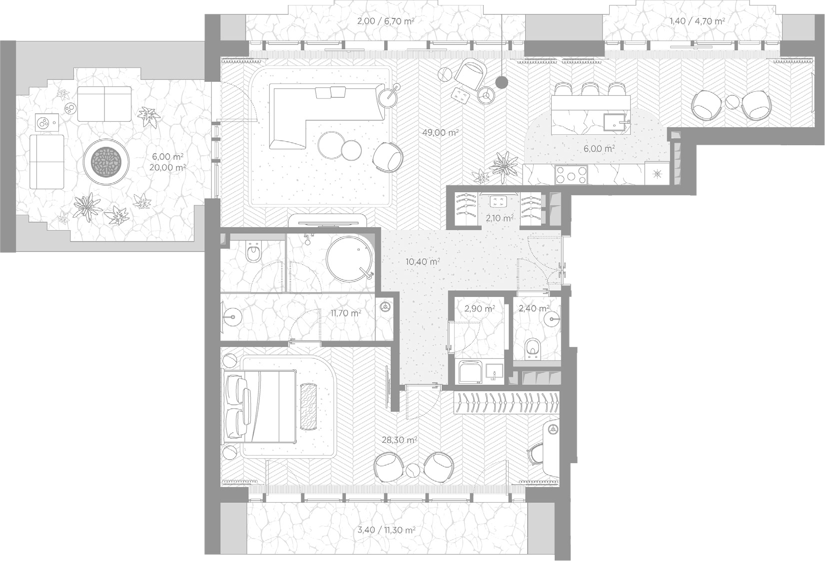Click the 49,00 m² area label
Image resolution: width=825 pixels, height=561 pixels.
[440, 132]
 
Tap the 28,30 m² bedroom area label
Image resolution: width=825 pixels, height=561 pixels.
[400, 440]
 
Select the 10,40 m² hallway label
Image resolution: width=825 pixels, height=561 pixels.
[423, 262]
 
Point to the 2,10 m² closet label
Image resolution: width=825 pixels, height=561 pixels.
[499, 218]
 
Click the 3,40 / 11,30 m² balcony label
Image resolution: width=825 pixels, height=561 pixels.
[387, 530]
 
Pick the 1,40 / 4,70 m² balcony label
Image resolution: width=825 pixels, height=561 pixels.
[697, 21]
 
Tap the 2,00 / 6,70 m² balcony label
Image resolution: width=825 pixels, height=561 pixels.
[385, 21]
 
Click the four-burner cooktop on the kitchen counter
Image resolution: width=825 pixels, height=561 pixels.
[571, 174]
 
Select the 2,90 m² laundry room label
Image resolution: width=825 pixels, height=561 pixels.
[480, 309]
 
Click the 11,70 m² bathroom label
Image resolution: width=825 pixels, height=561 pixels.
[346, 313]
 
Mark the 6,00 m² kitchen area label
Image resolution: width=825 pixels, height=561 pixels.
[599, 149]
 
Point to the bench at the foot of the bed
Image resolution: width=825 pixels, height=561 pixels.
[309, 406]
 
